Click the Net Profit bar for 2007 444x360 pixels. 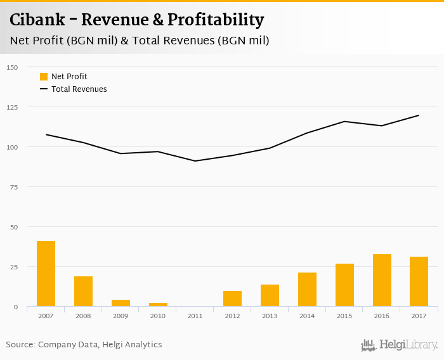point(46,274)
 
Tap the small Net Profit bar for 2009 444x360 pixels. point(121,303)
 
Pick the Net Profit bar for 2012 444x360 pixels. point(232,299)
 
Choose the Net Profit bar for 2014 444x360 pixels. point(307,290)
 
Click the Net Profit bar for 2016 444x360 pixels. point(382,280)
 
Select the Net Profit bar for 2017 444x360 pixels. point(419,281)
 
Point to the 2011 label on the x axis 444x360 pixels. point(195,315)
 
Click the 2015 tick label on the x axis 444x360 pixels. point(344,315)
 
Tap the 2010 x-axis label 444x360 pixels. point(158,315)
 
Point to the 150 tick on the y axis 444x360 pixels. point(12,67)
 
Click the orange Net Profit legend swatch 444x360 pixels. point(44,77)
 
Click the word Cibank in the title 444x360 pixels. point(39,20)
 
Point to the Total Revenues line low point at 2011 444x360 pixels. point(195,161)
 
